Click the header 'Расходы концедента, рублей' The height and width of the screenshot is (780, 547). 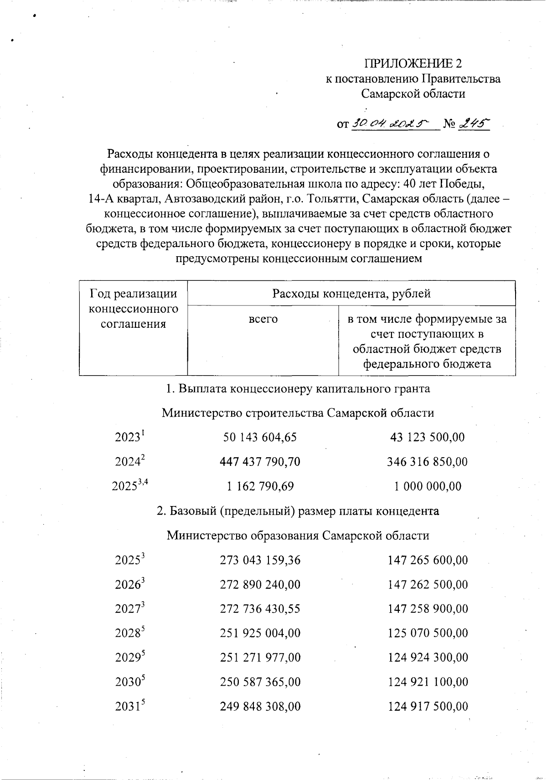pyautogui.click(x=351, y=294)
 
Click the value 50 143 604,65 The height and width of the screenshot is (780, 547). pyautogui.click(x=260, y=437)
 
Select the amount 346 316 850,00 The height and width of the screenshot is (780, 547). pyautogui.click(x=427, y=462)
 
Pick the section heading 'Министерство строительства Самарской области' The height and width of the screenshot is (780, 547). pyautogui.click(x=298, y=413)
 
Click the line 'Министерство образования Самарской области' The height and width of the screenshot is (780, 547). pyautogui.click(x=298, y=535)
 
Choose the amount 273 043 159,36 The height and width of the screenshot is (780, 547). pyautogui.click(x=260, y=560)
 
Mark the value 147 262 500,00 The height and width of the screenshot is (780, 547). pyautogui.click(x=427, y=584)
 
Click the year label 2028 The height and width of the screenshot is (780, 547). pyautogui.click(x=129, y=633)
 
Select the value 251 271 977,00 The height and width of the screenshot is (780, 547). pyautogui.click(x=260, y=658)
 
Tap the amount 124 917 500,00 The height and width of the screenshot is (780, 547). pyautogui.click(x=427, y=707)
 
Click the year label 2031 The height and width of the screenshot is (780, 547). pyautogui.click(x=129, y=707)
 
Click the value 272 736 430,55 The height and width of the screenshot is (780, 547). pyautogui.click(x=260, y=609)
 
